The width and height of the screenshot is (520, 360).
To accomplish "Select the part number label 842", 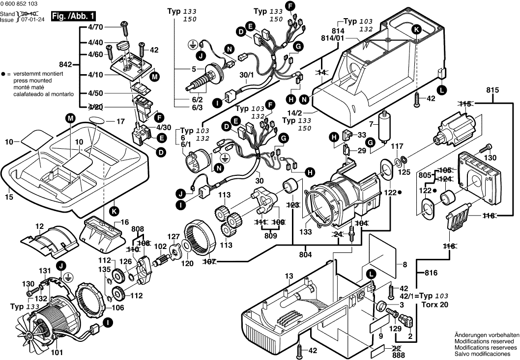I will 65,64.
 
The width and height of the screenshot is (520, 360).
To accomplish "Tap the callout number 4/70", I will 96,28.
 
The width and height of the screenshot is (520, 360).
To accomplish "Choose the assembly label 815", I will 492,90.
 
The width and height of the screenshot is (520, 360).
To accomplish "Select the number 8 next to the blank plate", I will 405,265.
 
